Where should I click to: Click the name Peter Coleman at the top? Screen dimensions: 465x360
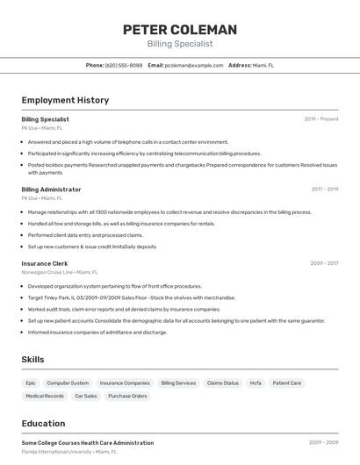coord(180,29)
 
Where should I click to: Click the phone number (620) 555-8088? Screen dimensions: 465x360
coord(124,65)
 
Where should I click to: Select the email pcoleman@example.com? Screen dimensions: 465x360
coord(194,65)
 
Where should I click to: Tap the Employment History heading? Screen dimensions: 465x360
coord(65,100)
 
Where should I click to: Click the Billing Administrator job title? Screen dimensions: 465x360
coord(51,190)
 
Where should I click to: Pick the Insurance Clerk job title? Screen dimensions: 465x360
coord(45,263)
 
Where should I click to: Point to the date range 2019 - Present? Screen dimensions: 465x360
coord(321,118)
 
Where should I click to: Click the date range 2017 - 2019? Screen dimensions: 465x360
coord(324,190)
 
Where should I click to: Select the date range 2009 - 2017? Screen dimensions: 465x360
coord(324,263)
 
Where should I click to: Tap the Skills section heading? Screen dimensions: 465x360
coord(32,360)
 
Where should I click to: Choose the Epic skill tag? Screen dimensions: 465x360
coord(31,383)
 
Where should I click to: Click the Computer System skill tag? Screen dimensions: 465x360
coord(68,383)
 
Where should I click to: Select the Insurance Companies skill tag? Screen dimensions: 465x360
coord(125,383)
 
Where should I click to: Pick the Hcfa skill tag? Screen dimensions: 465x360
coord(256,383)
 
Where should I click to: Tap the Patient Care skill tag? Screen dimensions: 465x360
coord(287,383)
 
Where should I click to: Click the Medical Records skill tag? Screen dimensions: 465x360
coord(45,397)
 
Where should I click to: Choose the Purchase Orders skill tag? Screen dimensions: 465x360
coord(127,397)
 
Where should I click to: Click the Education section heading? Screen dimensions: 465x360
coord(43,423)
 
